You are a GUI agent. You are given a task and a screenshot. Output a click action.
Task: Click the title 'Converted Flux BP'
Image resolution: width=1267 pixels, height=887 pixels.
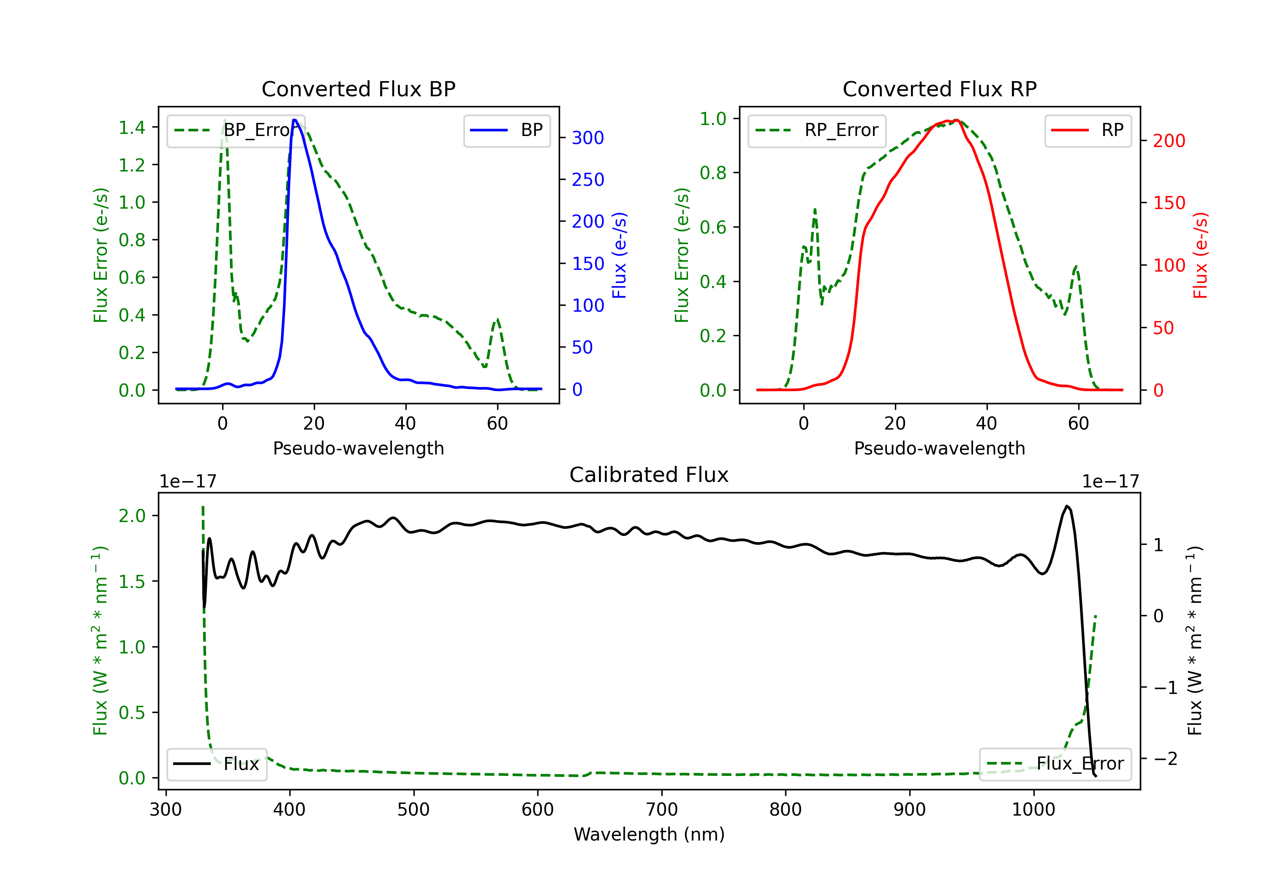coord(358,89)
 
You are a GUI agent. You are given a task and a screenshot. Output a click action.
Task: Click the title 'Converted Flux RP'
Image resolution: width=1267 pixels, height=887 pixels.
coord(939,89)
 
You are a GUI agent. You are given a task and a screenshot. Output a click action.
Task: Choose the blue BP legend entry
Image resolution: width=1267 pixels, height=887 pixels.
coord(506,130)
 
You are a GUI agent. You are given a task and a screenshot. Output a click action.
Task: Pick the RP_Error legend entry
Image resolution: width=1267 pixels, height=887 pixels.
coord(817,130)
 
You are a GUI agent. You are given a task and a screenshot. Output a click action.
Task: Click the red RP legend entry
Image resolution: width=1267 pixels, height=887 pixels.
coord(1088,130)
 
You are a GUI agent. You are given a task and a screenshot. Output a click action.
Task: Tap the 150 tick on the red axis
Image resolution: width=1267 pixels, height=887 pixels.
coord(1169,203)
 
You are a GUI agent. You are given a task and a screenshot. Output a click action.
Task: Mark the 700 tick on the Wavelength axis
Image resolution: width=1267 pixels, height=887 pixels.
coord(662,810)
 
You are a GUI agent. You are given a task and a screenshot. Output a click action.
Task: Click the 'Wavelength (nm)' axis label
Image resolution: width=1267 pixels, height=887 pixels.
coord(649,834)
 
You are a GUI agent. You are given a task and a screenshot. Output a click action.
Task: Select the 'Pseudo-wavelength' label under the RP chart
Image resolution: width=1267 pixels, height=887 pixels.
coord(939,448)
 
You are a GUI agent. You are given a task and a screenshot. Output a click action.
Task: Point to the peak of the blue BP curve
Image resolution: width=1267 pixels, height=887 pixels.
coord(295,120)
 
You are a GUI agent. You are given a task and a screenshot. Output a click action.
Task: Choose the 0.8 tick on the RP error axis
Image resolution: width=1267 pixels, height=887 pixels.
coord(712,173)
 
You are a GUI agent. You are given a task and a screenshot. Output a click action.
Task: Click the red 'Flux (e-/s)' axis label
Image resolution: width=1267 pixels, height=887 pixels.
coord(1200,255)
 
